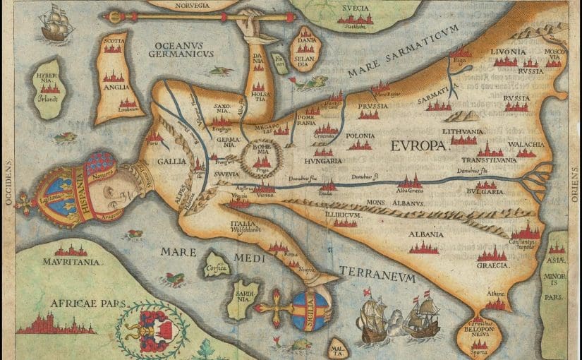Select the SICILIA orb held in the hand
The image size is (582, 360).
310,308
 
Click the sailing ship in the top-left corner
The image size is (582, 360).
56,25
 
